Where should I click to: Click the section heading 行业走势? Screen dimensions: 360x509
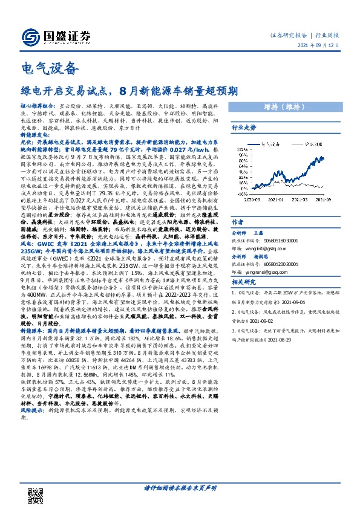pyautogui.click(x=244, y=128)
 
